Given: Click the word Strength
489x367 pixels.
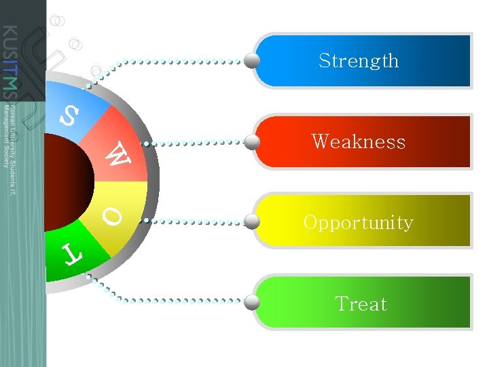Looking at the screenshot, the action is [x=359, y=61].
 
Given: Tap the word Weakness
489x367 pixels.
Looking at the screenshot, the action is [x=359, y=142].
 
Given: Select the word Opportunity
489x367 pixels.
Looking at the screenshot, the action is [x=358, y=223].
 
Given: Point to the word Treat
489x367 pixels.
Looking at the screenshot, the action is [x=361, y=304].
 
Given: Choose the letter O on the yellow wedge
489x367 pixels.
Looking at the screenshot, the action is [x=113, y=217].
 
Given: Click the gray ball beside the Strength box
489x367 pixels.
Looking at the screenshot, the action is [x=253, y=61].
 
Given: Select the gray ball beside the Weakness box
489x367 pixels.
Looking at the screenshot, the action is [x=253, y=142].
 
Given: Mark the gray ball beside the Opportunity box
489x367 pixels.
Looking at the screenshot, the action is [x=253, y=222].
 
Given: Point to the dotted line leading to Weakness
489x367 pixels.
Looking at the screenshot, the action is [x=197, y=143].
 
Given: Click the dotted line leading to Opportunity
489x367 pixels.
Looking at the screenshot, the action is [x=197, y=222].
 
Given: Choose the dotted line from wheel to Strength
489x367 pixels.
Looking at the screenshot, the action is [x=177, y=62].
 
